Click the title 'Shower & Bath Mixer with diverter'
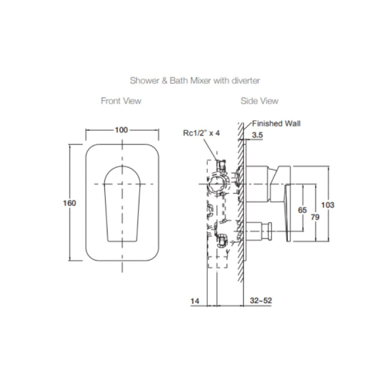pyautogui.click(x=194, y=80)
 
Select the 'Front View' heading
pyautogui.click(x=121, y=101)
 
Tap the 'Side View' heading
pyautogui.click(x=259, y=101)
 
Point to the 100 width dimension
pyautogui.click(x=121, y=130)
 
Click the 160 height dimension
pyautogui.click(x=70, y=203)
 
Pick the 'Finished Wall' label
pyautogui.click(x=276, y=124)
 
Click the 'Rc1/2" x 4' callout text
pyautogui.click(x=201, y=133)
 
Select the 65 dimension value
pyautogui.click(x=303, y=210)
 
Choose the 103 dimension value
pyautogui.click(x=327, y=205)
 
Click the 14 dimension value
pyautogui.click(x=195, y=301)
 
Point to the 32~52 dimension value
pyautogui.click(x=261, y=301)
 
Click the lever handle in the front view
pyautogui.click(x=122, y=204)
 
